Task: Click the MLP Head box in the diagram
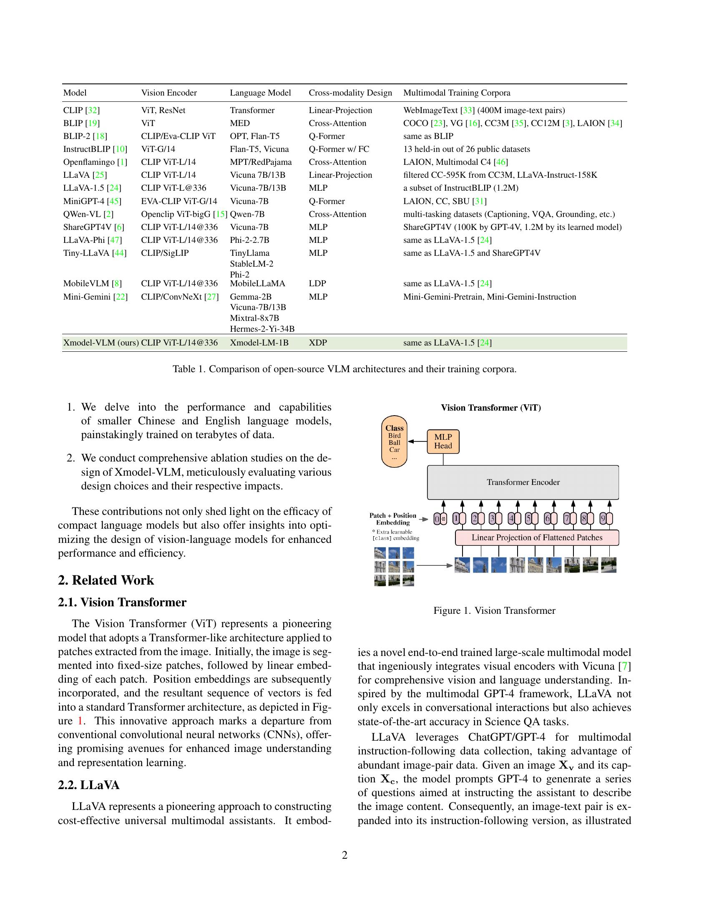tap(442, 441)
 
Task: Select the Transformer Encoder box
tap(523, 482)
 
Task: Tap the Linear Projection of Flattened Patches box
tap(537, 537)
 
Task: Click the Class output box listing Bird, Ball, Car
tap(395, 441)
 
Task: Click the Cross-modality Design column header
tap(350, 93)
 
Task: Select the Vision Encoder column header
tap(169, 93)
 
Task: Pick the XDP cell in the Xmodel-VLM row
tap(318, 343)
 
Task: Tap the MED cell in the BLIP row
tap(240, 123)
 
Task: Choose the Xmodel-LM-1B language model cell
tap(259, 343)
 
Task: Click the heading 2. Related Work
tap(106, 580)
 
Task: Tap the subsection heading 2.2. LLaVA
tap(88, 785)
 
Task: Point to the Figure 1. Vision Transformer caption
tap(494, 611)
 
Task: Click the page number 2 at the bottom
tap(344, 855)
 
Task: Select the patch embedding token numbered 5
tap(529, 519)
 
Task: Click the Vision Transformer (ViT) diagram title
tap(490, 408)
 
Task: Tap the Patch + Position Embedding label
tap(393, 519)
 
